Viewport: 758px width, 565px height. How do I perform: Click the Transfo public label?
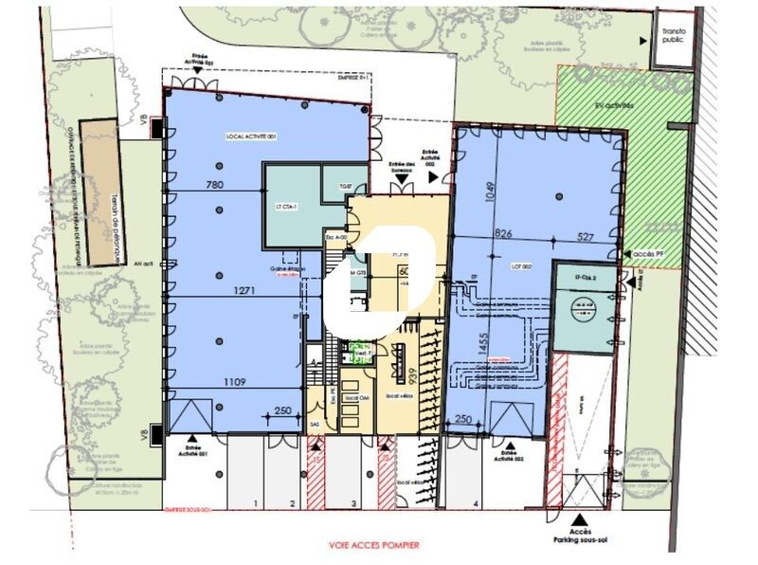click(x=674, y=35)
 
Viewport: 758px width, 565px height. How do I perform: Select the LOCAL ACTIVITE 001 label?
click(x=251, y=137)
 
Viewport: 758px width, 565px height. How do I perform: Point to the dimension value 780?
click(x=214, y=185)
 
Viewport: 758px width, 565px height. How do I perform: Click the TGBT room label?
click(x=332, y=187)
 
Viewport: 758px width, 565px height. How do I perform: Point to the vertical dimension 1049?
click(x=489, y=193)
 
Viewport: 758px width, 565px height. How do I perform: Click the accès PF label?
click(x=649, y=255)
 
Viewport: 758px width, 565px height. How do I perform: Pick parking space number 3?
click(x=353, y=502)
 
